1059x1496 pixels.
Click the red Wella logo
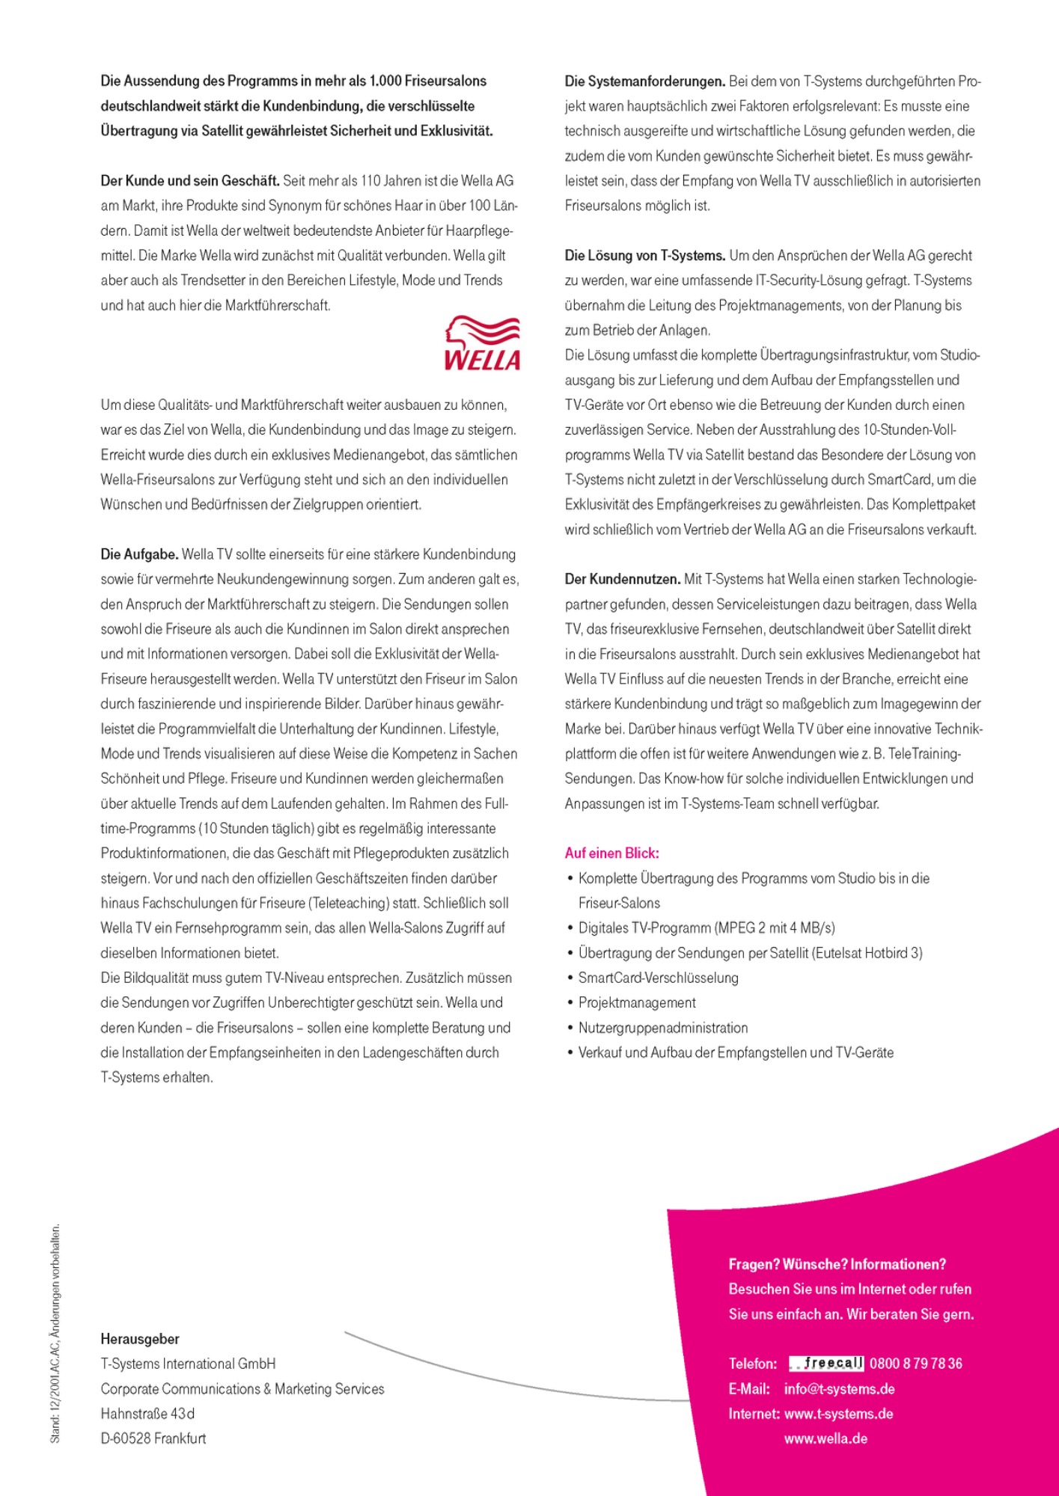(x=482, y=343)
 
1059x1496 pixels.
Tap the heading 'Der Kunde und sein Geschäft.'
(x=190, y=180)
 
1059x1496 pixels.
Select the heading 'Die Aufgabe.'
(x=140, y=554)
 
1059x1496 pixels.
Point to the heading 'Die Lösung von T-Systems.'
(x=645, y=255)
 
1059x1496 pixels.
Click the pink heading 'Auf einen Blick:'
(x=612, y=853)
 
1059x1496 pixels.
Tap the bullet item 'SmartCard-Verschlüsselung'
(x=658, y=978)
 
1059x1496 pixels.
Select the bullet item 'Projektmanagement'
(x=637, y=1002)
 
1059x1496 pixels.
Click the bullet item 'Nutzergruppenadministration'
(x=663, y=1028)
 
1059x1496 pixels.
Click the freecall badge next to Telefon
(x=826, y=1363)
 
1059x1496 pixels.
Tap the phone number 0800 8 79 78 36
(x=916, y=1364)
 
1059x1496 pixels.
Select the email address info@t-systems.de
(x=839, y=1389)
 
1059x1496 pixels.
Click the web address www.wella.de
(x=825, y=1438)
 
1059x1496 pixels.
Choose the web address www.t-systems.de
(x=838, y=1414)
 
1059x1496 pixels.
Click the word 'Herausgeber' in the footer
(x=140, y=1339)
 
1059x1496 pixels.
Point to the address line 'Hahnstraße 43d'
(x=147, y=1414)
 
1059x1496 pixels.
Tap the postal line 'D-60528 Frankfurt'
(x=153, y=1438)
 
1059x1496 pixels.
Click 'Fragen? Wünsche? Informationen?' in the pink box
(x=837, y=1264)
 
